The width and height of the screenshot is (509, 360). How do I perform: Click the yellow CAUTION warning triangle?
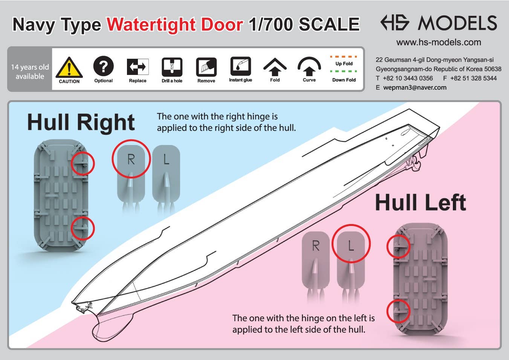(x=69, y=68)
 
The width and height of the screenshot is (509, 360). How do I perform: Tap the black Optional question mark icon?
(x=103, y=66)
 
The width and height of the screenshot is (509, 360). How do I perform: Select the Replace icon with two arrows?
(x=138, y=67)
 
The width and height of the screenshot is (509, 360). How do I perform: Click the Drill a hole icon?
(x=172, y=67)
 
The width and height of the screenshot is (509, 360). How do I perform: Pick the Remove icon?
(x=206, y=67)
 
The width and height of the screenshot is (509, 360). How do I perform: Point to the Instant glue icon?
(x=241, y=66)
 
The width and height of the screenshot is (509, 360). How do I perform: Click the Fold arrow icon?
(x=275, y=67)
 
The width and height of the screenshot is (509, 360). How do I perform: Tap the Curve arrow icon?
(x=309, y=66)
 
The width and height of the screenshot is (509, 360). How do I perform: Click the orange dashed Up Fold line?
(x=343, y=56)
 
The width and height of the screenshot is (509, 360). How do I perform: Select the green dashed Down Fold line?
(x=343, y=71)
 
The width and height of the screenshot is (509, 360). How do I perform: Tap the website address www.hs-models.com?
(x=439, y=43)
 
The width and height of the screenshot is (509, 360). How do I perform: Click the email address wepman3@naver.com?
(x=415, y=87)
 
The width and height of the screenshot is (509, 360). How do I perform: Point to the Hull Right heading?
(x=81, y=122)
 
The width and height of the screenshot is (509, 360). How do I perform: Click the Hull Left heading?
(x=420, y=202)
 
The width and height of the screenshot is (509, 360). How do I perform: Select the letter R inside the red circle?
(x=131, y=159)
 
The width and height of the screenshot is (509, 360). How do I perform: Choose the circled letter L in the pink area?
(x=351, y=245)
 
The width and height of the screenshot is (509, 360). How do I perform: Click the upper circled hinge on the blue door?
(x=83, y=163)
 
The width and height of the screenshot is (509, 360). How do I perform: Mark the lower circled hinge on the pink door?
(x=398, y=311)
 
